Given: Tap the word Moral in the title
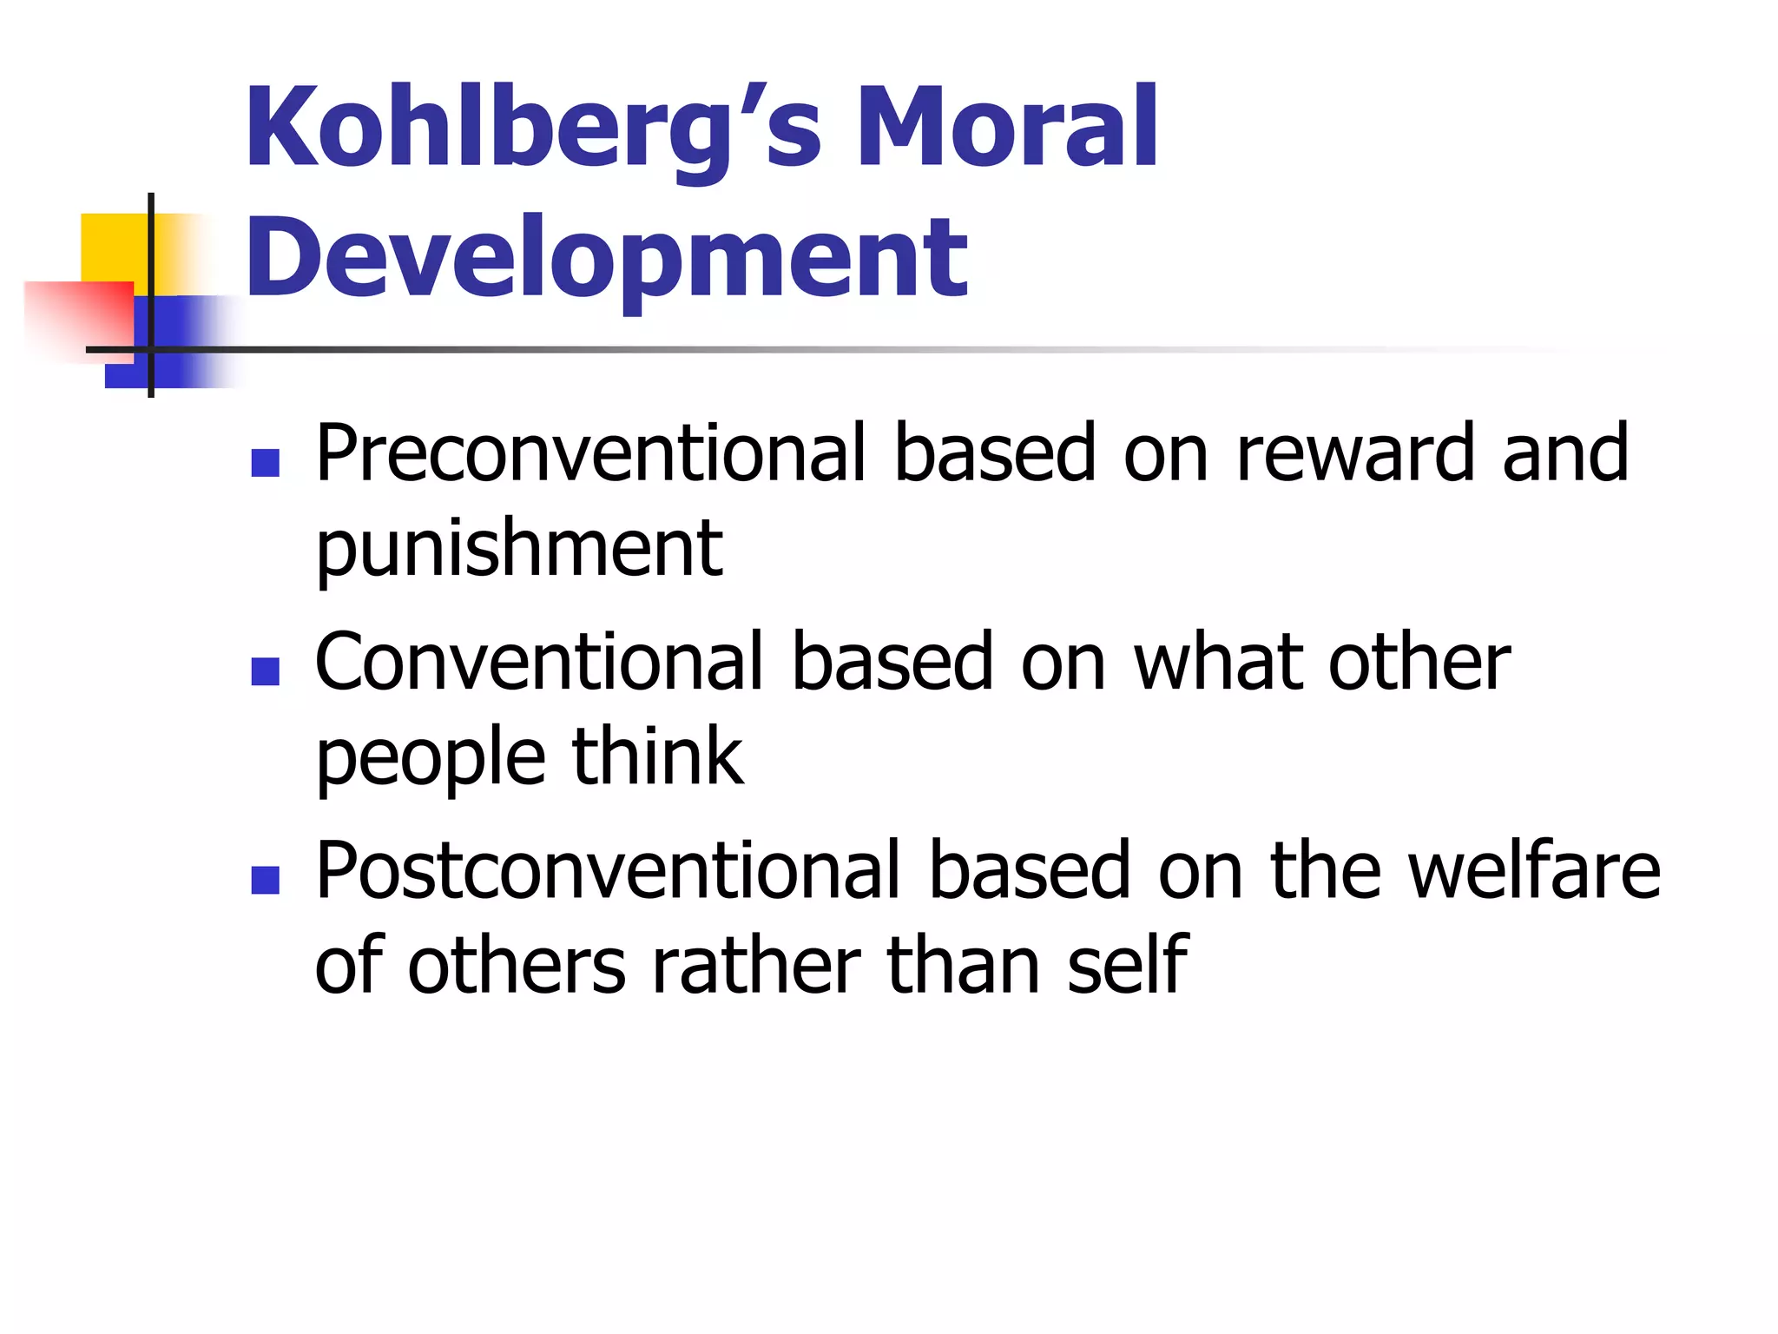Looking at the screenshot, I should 1007,127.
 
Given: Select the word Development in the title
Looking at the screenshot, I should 607,258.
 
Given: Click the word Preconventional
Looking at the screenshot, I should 591,453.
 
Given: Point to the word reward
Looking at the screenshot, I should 1355,453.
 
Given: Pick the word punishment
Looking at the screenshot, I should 518,550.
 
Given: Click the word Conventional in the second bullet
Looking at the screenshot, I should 539,663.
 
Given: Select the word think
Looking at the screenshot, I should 657,756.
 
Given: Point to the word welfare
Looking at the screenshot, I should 1534,870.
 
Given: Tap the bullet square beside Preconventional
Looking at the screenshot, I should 265,463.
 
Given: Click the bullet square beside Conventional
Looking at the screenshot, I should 265,671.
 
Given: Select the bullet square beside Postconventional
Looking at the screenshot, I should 265,880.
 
